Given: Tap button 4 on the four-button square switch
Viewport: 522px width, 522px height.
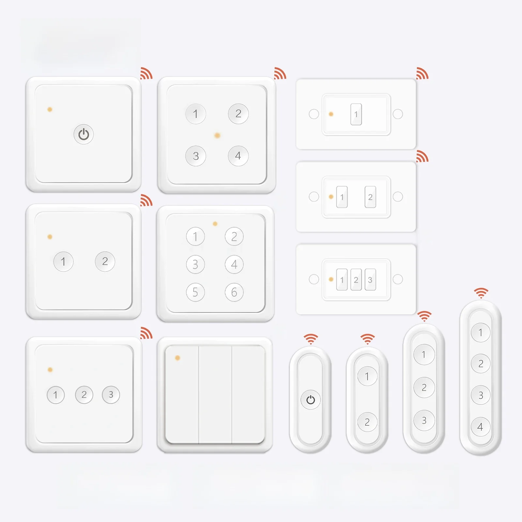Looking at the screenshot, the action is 238,156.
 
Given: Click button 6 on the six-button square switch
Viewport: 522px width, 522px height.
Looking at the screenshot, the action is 234,292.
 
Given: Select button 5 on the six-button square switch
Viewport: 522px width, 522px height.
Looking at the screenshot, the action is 195,292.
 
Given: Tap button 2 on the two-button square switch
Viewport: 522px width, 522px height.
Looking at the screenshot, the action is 105,261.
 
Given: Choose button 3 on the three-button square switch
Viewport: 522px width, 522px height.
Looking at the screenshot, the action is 111,395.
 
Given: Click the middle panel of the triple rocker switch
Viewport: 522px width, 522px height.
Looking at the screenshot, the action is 215,395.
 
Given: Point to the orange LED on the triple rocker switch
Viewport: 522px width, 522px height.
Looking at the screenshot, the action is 177,358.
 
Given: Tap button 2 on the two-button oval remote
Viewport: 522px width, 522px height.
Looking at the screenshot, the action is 367,422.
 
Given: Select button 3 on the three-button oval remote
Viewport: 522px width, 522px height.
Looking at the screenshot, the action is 424,420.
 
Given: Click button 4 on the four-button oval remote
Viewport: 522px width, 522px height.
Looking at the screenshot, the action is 481,427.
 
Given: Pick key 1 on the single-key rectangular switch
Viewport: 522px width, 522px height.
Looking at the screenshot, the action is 356,114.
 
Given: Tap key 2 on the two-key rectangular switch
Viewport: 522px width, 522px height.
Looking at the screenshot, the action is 370,197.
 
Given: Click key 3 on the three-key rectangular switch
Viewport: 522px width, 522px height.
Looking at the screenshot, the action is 370,280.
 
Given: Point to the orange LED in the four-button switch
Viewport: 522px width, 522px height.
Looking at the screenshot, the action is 217,135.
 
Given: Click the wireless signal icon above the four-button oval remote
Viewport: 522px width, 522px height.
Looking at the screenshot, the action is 481,293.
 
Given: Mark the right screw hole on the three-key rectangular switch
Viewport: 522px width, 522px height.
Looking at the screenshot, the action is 398,279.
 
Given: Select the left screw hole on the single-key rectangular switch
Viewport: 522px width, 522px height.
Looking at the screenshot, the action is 314,114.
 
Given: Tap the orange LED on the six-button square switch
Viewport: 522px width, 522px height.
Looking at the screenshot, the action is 215,224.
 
